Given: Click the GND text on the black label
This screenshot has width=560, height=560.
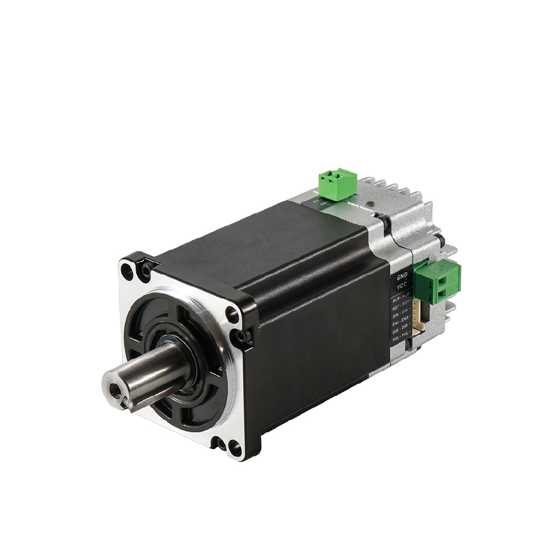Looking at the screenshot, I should (402, 277).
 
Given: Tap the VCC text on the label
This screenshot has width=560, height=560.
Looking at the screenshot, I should (402, 287).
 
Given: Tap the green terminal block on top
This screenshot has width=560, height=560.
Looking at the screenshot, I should (338, 183).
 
